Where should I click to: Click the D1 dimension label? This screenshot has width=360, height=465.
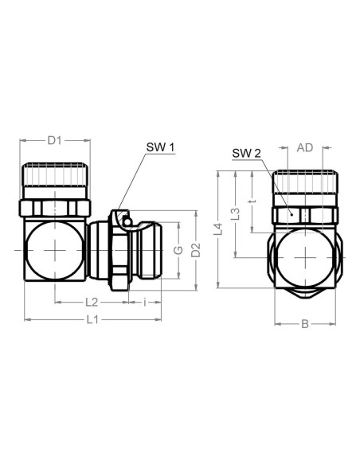(x=55, y=140)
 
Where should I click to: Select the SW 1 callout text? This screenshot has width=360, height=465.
(x=160, y=147)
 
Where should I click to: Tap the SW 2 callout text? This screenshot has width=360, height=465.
(x=246, y=154)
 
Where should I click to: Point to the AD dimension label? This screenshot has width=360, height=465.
(x=305, y=147)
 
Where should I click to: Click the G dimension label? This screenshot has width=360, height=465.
(x=178, y=250)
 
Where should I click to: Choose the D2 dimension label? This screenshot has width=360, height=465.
(x=196, y=250)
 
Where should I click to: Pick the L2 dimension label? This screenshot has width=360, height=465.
(x=92, y=303)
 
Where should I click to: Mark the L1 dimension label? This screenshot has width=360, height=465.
(x=92, y=320)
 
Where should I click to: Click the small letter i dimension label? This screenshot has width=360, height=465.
(x=145, y=303)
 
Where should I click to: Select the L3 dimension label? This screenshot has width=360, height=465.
(x=236, y=214)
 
